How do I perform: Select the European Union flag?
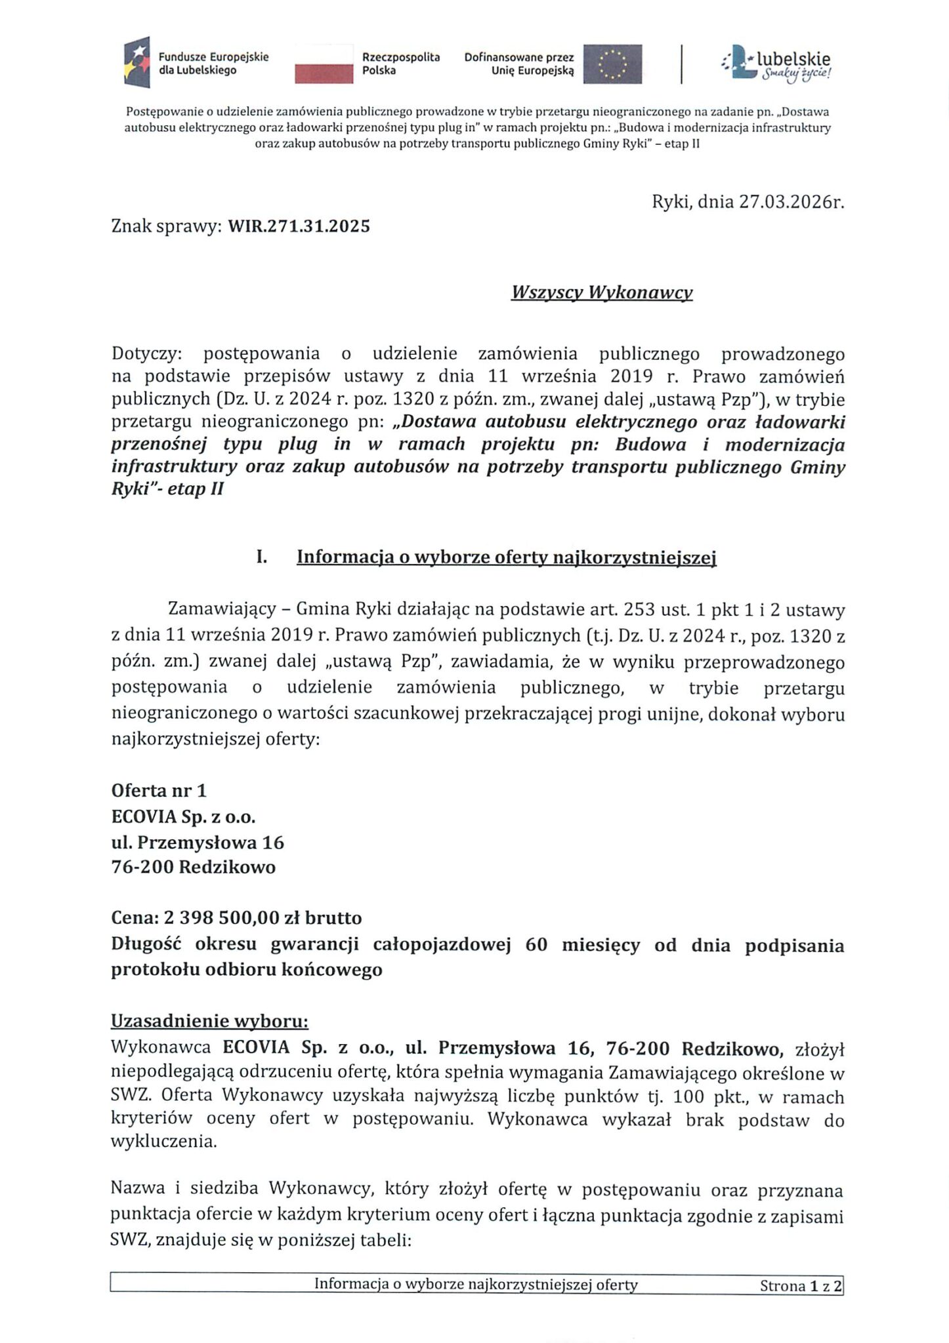pos(612,64)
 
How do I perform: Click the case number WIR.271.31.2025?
pos(299,226)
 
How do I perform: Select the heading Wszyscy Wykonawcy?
pos(602,292)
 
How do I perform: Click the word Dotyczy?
pos(144,353)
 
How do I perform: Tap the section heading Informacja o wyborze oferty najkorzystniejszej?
pos(506,557)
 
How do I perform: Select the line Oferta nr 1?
pos(159,790)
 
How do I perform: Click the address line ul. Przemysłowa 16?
pos(198,842)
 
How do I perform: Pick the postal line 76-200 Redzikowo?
pos(193,867)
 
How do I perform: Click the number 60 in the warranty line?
pos(536,946)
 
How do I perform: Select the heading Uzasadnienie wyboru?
pos(209,1022)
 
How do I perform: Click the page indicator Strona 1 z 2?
pos(800,1285)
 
